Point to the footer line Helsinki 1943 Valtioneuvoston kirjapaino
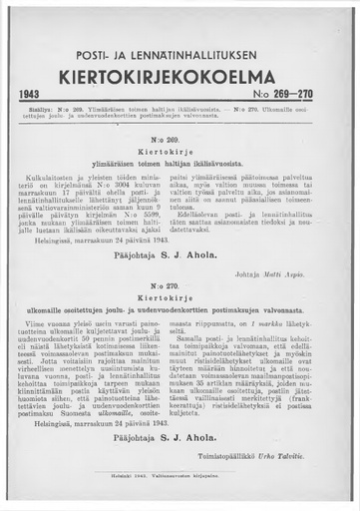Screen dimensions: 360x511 coord(180,487)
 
